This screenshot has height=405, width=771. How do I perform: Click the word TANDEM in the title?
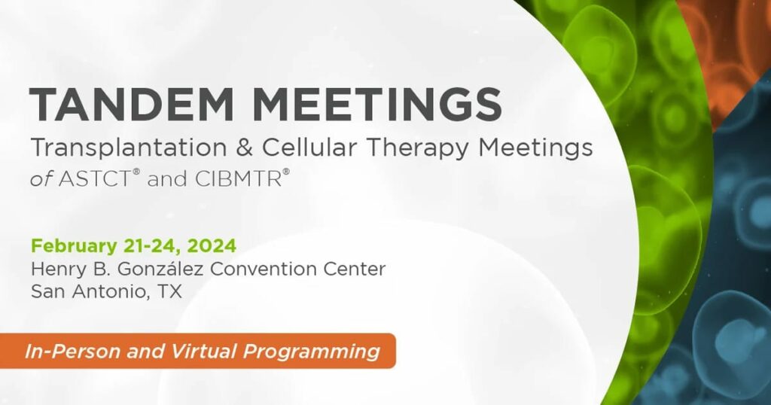point(132,104)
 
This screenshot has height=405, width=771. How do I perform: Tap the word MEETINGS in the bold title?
point(377,104)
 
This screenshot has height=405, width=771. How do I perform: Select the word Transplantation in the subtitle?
point(129,148)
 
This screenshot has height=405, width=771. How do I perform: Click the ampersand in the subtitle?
point(245,148)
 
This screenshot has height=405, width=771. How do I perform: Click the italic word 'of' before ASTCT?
point(41,179)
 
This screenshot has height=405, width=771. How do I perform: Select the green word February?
point(73,245)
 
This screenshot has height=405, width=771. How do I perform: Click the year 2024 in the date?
point(212,245)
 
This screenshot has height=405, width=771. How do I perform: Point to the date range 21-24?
point(150,245)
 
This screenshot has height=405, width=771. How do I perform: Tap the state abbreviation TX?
point(169,291)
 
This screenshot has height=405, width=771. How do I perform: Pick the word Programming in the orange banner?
point(312,352)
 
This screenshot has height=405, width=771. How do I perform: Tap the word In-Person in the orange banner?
point(72,351)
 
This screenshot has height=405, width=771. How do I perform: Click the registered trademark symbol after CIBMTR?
point(286,172)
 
